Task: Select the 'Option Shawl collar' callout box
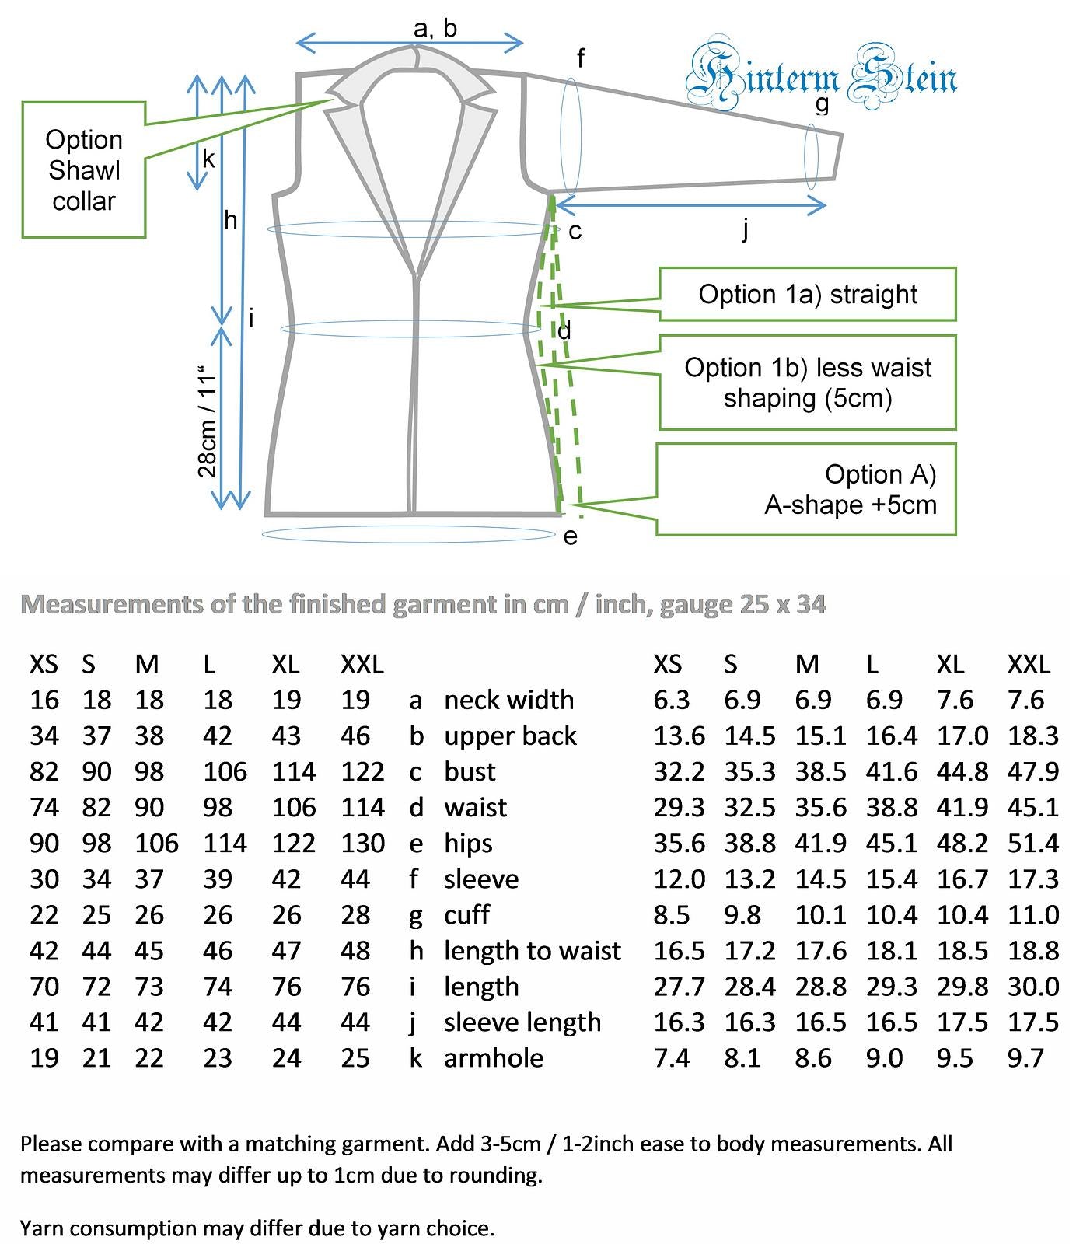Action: [84, 169]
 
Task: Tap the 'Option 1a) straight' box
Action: [807, 294]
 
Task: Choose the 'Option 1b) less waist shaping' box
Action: [807, 383]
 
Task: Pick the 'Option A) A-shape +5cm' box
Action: [805, 489]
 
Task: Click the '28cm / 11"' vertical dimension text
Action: [207, 421]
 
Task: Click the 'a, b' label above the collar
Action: [435, 28]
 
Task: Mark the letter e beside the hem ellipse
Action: [571, 536]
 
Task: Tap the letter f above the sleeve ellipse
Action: [580, 58]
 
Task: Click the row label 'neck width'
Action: [508, 700]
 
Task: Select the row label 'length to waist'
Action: [533, 951]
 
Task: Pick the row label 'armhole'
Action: [494, 1058]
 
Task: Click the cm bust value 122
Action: [362, 771]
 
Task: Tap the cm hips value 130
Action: [362, 843]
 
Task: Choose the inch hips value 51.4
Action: [1033, 843]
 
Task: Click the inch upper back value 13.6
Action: [680, 736]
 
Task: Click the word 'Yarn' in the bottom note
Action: [40, 1228]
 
